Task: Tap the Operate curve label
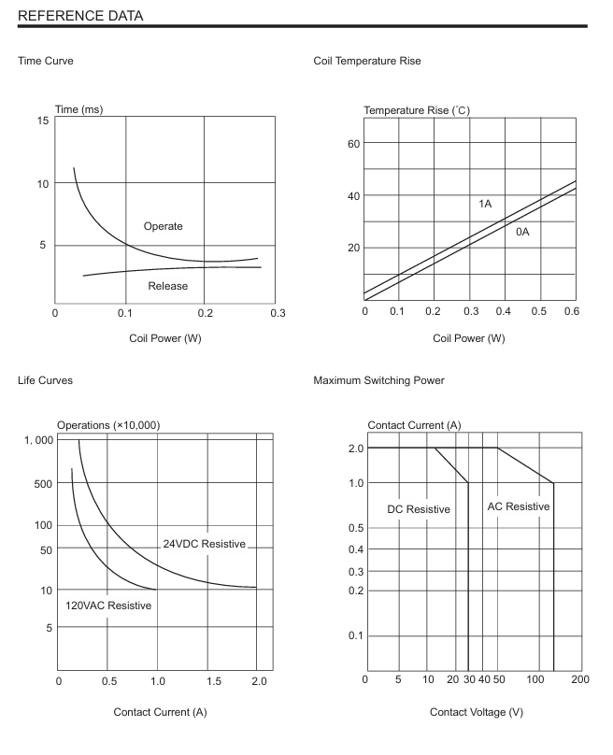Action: click(x=163, y=226)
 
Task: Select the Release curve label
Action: click(x=168, y=286)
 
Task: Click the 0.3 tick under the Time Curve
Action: click(x=278, y=312)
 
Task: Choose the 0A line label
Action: click(x=522, y=231)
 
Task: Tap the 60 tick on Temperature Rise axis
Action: click(x=353, y=144)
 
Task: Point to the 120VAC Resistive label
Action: click(x=108, y=605)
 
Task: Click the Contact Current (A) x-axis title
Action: click(x=160, y=713)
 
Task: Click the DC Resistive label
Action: click(x=419, y=509)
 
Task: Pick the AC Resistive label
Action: click(x=519, y=506)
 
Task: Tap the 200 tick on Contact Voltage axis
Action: click(x=579, y=679)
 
